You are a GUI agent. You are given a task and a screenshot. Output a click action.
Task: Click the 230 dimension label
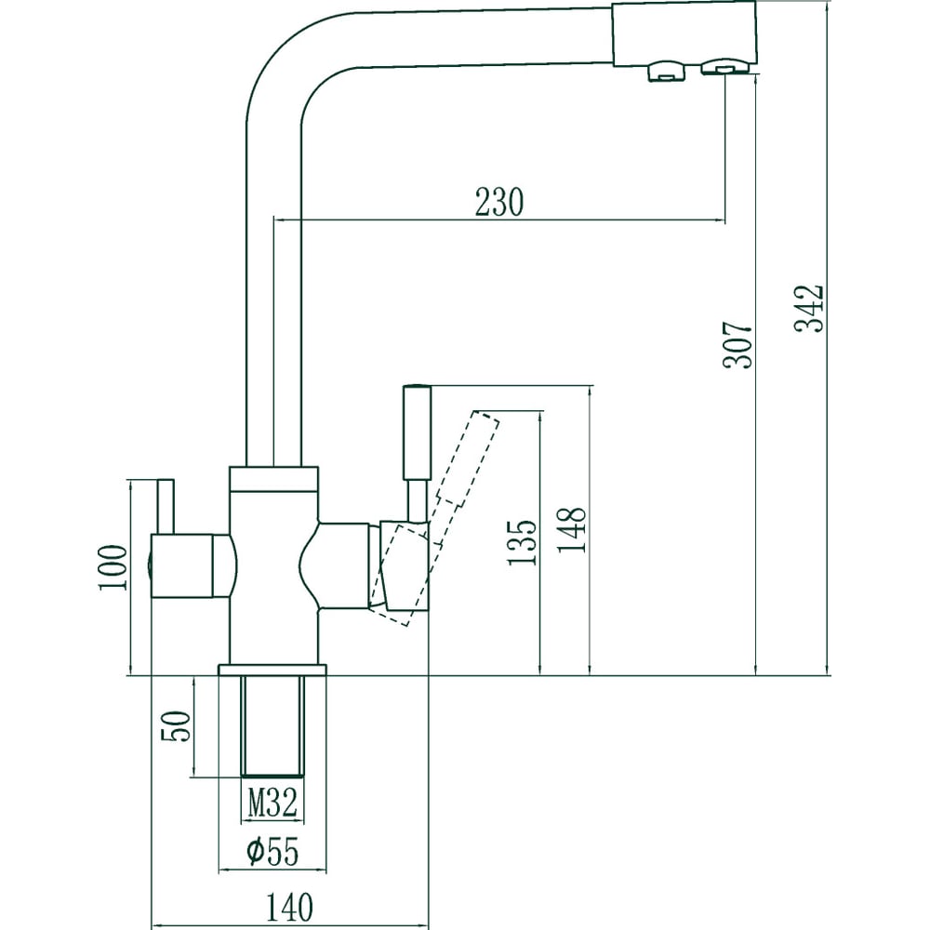coord(499,202)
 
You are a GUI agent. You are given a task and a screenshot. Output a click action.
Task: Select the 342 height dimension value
coord(809,309)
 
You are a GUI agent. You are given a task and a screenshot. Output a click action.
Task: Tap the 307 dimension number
coord(737,345)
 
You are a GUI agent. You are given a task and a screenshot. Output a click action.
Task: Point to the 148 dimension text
coord(571,530)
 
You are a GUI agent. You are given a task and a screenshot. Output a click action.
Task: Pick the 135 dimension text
coord(522,542)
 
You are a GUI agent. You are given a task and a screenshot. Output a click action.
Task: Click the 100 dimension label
coord(113,567)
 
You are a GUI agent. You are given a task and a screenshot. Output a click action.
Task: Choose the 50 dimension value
coord(176,726)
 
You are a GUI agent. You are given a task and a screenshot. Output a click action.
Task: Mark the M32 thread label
coord(272,804)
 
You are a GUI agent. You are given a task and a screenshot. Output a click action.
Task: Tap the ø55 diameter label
coord(272,852)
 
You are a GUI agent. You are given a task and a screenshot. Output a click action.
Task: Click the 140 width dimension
coord(289,907)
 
